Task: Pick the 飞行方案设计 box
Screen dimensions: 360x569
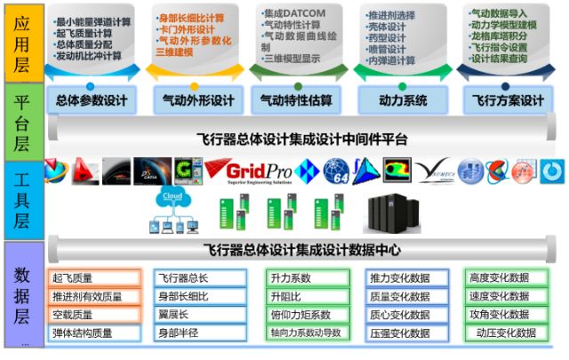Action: pos(508,100)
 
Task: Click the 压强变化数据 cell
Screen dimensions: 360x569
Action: pos(400,333)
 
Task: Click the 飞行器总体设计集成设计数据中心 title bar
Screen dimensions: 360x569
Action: pos(302,251)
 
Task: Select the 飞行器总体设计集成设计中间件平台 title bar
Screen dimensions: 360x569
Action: pos(302,139)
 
